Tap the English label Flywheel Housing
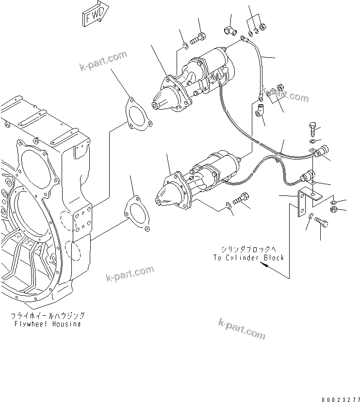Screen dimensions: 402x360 coord(47,323)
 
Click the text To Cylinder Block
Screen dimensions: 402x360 coord(248,257)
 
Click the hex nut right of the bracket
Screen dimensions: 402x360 coord(334,209)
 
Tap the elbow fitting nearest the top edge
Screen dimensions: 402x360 coord(229,31)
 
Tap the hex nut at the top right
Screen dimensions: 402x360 coord(262,27)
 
